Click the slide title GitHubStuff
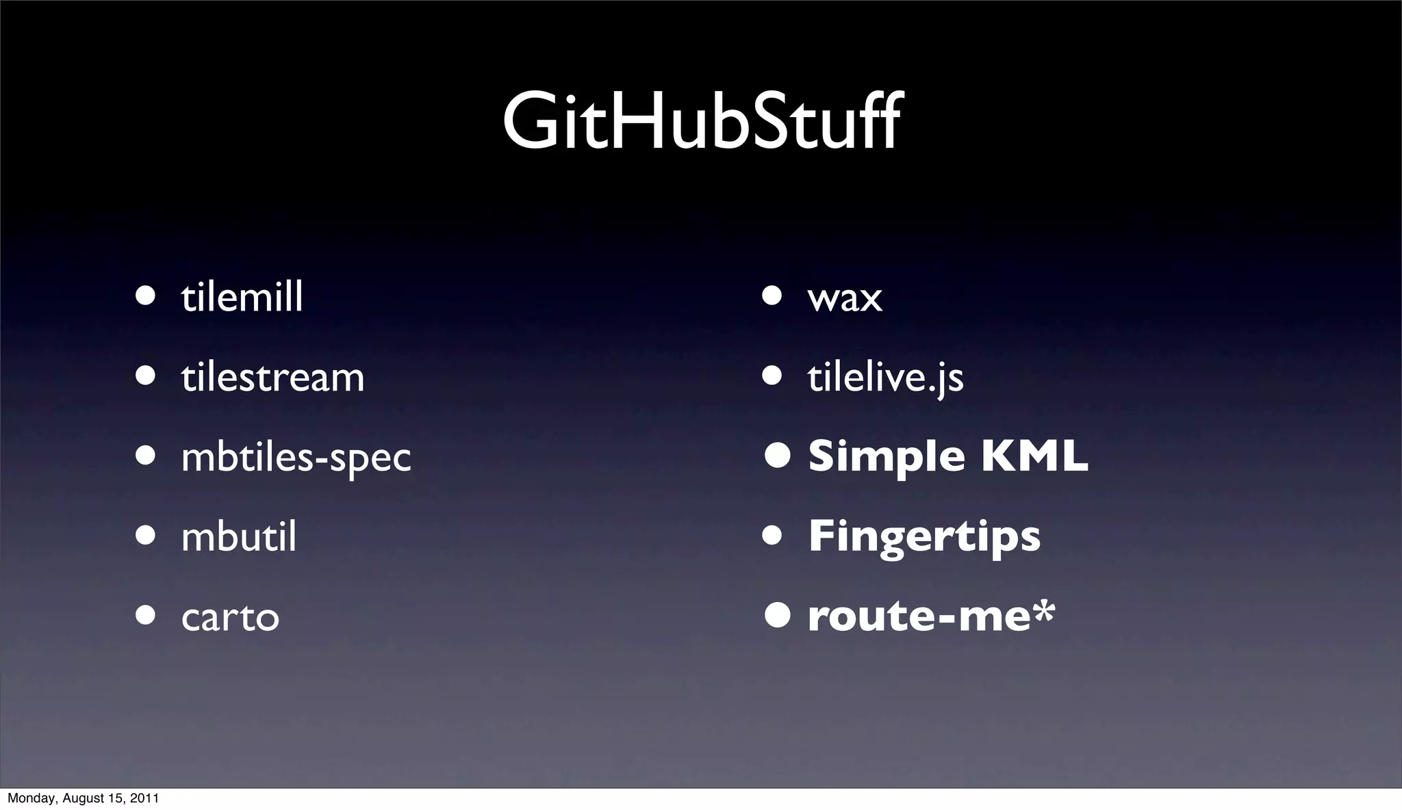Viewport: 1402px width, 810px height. [x=702, y=123]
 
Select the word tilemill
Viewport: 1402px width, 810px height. [x=242, y=298]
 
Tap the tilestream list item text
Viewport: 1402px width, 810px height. [x=272, y=378]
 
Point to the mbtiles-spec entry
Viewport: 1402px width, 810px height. [x=296, y=458]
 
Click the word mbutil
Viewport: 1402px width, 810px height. [x=239, y=537]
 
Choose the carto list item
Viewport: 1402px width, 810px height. [x=230, y=617]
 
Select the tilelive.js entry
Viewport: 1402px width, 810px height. [x=885, y=378]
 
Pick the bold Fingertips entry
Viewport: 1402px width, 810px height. [x=924, y=537]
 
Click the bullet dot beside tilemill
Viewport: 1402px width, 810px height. [x=145, y=296]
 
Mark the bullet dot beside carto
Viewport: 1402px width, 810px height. [x=145, y=614]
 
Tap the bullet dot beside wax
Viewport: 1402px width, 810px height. [x=772, y=296]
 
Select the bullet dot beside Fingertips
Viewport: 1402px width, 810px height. [x=772, y=536]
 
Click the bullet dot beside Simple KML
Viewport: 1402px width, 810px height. [x=778, y=456]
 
